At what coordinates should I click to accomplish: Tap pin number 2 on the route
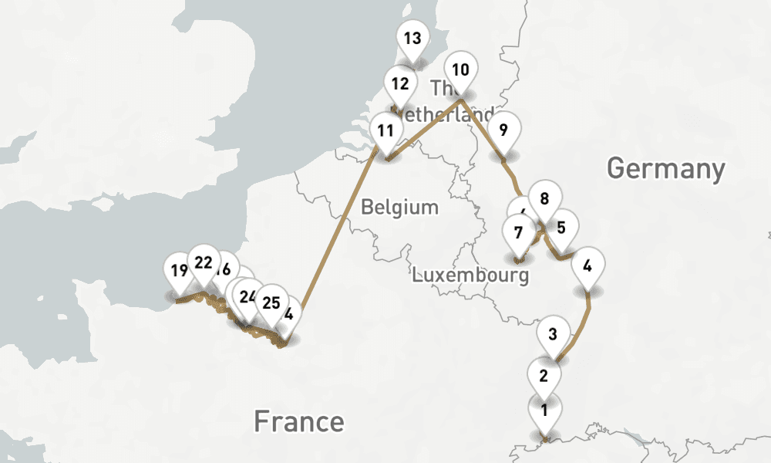pyautogui.click(x=544, y=377)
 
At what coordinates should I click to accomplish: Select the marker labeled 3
pyautogui.click(x=553, y=335)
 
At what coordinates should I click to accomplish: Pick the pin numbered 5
pyautogui.click(x=561, y=228)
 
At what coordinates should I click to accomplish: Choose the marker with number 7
pyautogui.click(x=518, y=232)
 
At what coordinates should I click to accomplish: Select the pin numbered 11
pyautogui.click(x=384, y=130)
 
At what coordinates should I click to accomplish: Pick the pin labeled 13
pyautogui.click(x=412, y=39)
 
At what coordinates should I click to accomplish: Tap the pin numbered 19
pyautogui.click(x=180, y=271)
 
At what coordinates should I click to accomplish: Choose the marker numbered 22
pyautogui.click(x=204, y=262)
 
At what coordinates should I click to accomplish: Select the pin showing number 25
pyautogui.click(x=271, y=302)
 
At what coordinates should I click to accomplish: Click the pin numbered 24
pyautogui.click(x=248, y=296)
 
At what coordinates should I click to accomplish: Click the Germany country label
pyautogui.click(x=666, y=167)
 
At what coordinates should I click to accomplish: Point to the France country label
pyautogui.click(x=299, y=421)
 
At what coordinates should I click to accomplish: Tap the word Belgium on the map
pyautogui.click(x=399, y=207)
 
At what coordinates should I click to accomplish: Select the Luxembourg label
pyautogui.click(x=470, y=275)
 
